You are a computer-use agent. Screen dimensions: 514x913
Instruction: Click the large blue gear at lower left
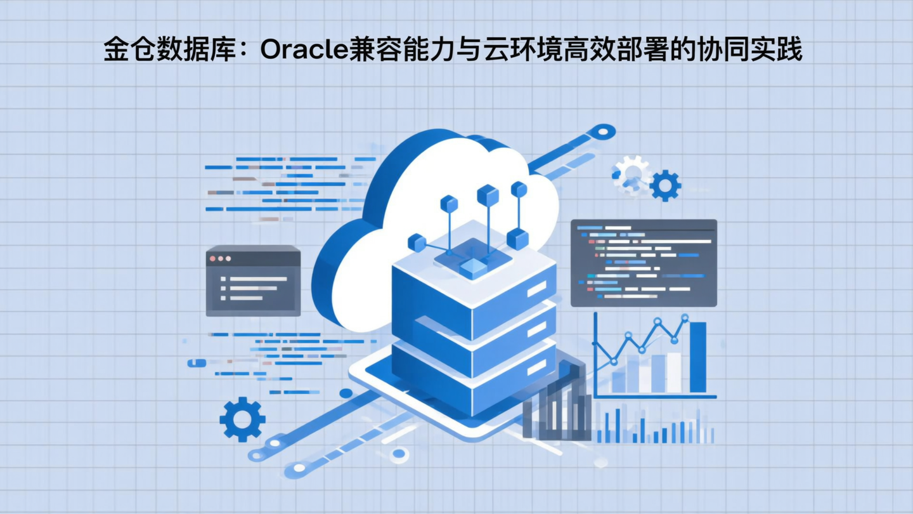pos(242,419)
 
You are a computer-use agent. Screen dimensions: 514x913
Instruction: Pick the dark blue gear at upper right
pos(665,185)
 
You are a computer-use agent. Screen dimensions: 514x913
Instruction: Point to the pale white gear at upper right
pos(631,172)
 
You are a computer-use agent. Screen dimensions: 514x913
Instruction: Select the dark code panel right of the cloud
pos(644,263)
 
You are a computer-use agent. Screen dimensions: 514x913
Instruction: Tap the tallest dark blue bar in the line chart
pos(697,357)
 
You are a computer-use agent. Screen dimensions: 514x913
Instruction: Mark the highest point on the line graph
pos(685,317)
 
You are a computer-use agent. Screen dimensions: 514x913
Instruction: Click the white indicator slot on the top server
pos(536,289)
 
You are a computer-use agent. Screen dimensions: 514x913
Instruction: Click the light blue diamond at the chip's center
pos(473,268)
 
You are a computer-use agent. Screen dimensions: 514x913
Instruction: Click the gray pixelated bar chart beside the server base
pos(557,406)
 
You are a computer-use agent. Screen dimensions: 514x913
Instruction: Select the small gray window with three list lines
pos(253,280)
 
